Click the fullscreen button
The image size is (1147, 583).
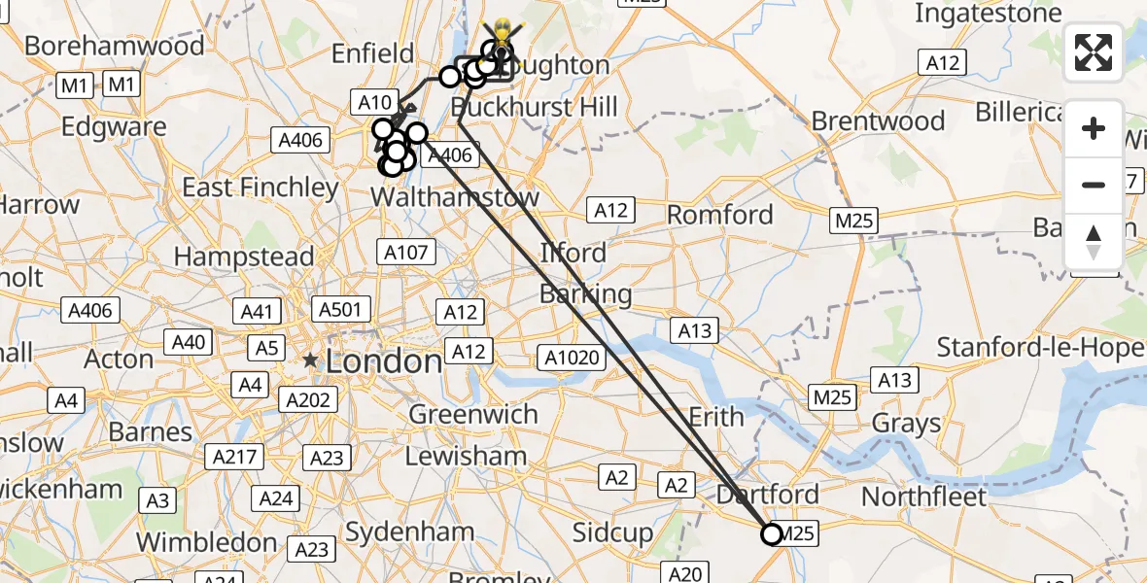pyautogui.click(x=1094, y=51)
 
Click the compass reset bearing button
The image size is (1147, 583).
pyautogui.click(x=1094, y=241)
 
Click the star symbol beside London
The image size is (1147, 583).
pyautogui.click(x=310, y=360)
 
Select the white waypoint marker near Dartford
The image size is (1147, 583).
pyautogui.click(x=772, y=534)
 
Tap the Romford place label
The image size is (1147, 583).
pyautogui.click(x=720, y=214)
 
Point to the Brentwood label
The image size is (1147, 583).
pyautogui.click(x=878, y=121)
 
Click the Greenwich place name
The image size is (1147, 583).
pyautogui.click(x=472, y=414)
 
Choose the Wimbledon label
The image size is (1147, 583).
pyautogui.click(x=205, y=541)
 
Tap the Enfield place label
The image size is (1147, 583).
pyautogui.click(x=373, y=52)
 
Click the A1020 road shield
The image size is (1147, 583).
pyautogui.click(x=572, y=358)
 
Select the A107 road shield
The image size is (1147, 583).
pyautogui.click(x=405, y=253)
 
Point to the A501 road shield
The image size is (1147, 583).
pyautogui.click(x=340, y=310)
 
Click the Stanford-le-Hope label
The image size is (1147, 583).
pyautogui.click(x=1040, y=347)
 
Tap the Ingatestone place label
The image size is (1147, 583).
pyautogui.click(x=989, y=15)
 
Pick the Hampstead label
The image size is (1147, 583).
pyautogui.click(x=244, y=257)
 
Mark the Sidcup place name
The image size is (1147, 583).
pyautogui.click(x=612, y=532)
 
